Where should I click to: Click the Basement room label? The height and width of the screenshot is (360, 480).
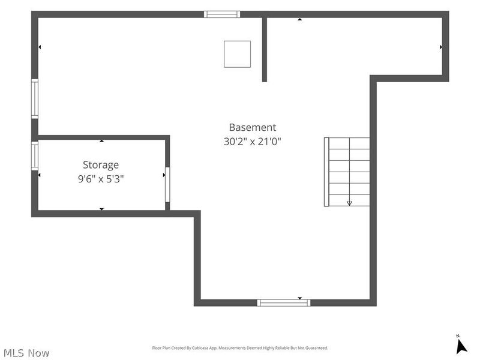(x=252, y=127)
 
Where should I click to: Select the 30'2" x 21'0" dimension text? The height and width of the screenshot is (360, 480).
(x=252, y=142)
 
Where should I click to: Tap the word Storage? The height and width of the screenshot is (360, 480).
(x=101, y=165)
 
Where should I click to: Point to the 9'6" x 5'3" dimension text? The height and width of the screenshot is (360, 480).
(x=101, y=178)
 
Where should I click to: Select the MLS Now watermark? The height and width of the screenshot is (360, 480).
(x=26, y=353)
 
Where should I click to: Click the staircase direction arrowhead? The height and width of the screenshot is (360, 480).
(x=349, y=203)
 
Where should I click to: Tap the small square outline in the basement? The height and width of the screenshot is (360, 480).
(x=237, y=54)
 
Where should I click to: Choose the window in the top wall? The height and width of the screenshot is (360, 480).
(x=222, y=14)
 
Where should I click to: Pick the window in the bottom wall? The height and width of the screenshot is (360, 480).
(x=283, y=303)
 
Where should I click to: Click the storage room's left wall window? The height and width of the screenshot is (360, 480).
(x=35, y=156)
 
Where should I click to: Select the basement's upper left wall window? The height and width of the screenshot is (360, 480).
(x=35, y=98)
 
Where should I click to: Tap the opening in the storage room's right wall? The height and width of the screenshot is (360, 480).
(x=167, y=185)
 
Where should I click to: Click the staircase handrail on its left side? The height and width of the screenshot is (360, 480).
(x=326, y=172)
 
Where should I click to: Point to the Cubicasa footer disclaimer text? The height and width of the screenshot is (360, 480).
(x=240, y=348)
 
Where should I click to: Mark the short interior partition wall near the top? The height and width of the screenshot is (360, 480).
(x=265, y=50)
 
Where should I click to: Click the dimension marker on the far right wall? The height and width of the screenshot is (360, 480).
(x=441, y=47)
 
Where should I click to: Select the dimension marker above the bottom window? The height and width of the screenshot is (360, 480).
(x=300, y=298)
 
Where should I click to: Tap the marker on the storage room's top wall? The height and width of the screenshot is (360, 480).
(x=101, y=141)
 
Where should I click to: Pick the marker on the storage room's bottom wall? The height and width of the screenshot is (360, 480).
(x=101, y=209)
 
